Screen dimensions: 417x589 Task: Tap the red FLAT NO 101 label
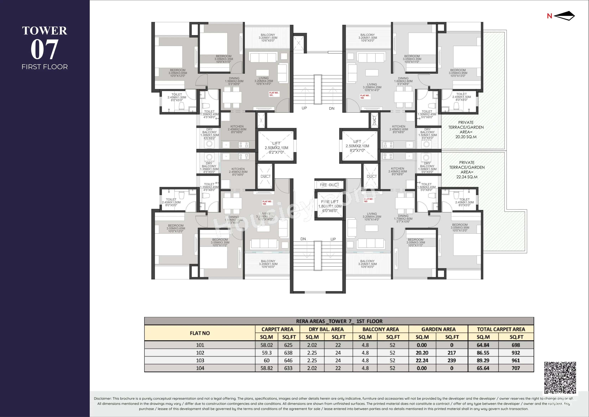[274, 94]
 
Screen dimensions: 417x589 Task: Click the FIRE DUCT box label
[329, 185]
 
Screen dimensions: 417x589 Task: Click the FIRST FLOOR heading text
[45, 67]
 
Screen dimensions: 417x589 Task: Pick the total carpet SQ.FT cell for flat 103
[516, 360]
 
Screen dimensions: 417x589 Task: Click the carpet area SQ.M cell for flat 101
[267, 345]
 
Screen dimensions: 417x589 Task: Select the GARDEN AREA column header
[438, 329]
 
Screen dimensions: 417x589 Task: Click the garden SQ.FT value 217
[452, 353]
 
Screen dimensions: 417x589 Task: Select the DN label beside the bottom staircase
[303, 239]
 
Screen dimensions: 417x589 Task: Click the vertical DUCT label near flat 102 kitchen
[374, 120]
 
